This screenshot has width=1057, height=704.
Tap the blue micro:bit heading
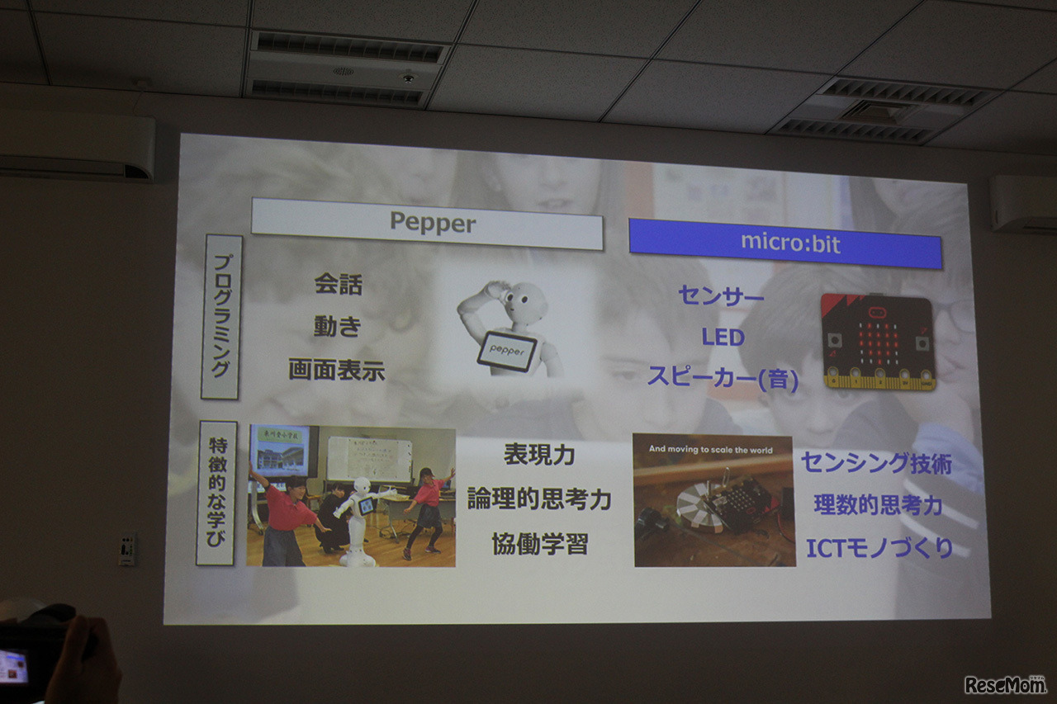pos(784,242)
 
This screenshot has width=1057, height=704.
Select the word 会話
pos(338,285)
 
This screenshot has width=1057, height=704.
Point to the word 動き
pos(338,327)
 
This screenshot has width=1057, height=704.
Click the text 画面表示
pos(337,370)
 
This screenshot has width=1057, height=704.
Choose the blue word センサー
pos(721,296)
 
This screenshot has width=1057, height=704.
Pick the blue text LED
pos(723,338)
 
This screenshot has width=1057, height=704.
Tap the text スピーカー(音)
pos(723,378)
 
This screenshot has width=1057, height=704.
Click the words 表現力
pos(539,456)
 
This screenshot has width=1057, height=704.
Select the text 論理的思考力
pos(539,498)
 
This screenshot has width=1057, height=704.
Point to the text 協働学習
pos(539,545)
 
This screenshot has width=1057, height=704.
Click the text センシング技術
pos(876,463)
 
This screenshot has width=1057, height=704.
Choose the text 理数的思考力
pos(878,505)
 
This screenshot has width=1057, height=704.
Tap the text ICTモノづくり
pos(879,547)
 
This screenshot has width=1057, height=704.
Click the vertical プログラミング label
pos(221,317)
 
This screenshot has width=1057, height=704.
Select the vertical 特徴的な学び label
pos(216,493)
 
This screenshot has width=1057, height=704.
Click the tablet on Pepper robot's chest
pos(506,351)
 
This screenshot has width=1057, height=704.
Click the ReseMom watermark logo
pos(1005,684)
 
